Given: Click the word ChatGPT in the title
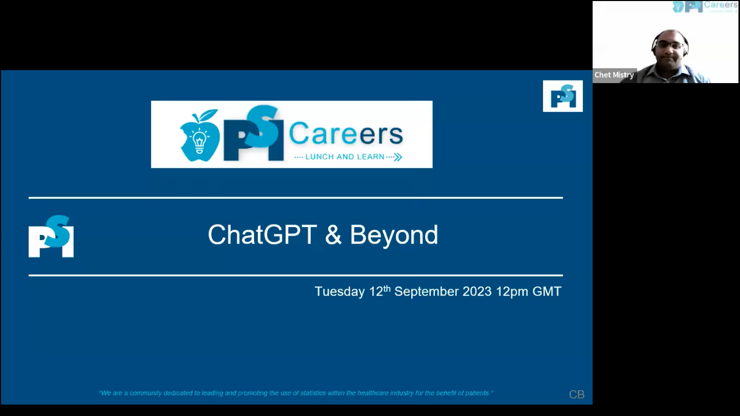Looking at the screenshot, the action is click(x=262, y=235).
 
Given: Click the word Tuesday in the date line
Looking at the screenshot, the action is click(x=340, y=292).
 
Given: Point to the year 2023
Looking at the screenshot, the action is click(x=477, y=292).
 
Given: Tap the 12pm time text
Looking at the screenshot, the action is click(x=512, y=292).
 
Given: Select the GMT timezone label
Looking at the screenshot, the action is click(x=547, y=292).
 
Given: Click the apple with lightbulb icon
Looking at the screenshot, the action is click(x=199, y=136).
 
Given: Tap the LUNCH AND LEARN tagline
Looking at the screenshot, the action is click(x=345, y=157).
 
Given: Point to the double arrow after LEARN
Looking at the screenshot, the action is click(x=398, y=157).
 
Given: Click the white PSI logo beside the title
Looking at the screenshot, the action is click(x=51, y=236).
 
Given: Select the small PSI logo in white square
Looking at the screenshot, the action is click(x=563, y=96).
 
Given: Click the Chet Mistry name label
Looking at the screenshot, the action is click(x=614, y=75).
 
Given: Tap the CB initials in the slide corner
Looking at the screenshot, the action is click(x=577, y=394).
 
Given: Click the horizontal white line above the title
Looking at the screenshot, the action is click(x=296, y=198).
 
